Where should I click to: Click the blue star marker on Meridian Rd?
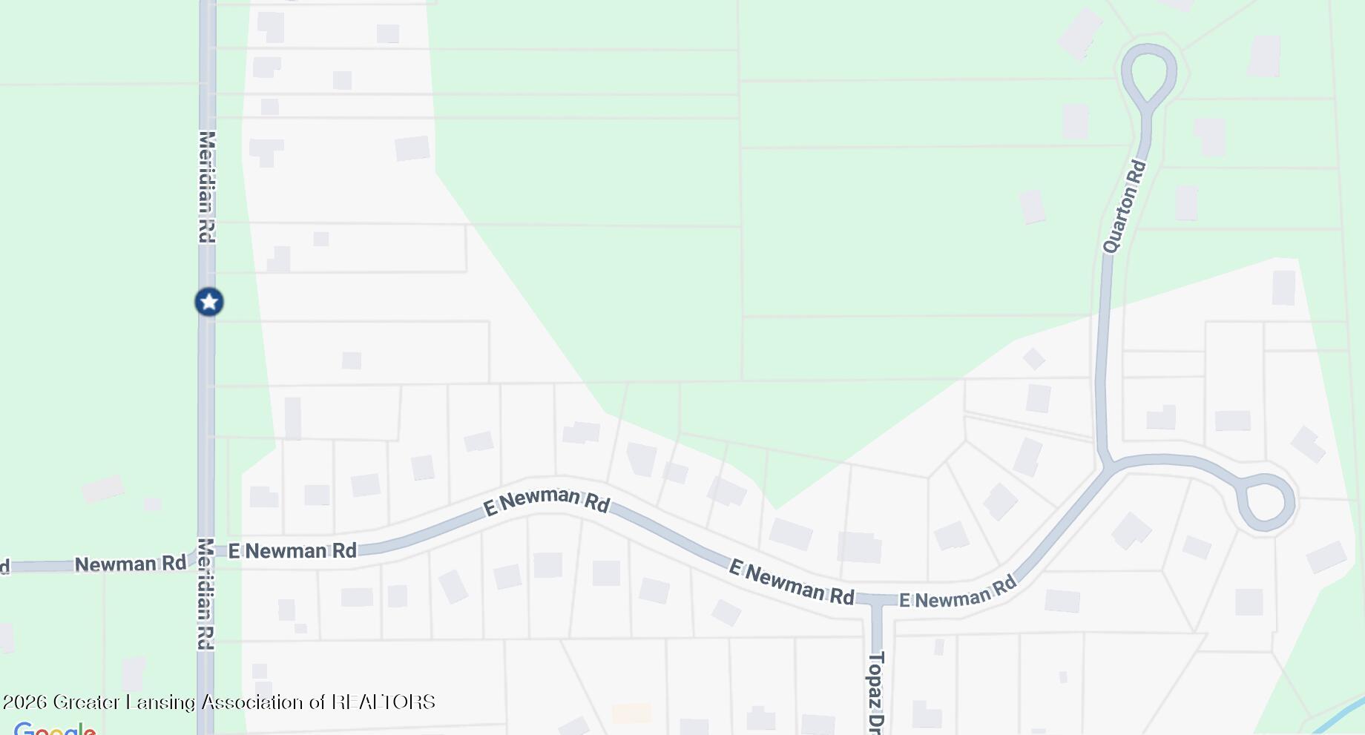tap(209, 302)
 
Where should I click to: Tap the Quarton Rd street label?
tap(1125, 206)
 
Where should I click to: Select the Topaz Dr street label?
tap(876, 692)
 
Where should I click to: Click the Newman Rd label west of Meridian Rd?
tap(130, 564)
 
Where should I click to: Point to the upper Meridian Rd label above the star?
tap(207, 186)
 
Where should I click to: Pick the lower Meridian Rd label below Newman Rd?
tap(206, 593)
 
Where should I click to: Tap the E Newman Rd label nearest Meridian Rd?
tap(292, 551)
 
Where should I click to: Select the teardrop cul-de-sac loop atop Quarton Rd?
tap(1149, 70)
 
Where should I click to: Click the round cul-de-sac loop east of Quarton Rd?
tap(1268, 502)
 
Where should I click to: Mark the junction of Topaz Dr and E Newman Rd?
tap(876, 599)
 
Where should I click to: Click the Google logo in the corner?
tap(55, 729)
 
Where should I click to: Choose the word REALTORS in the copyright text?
tap(383, 702)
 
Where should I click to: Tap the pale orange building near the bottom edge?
tap(631, 713)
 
